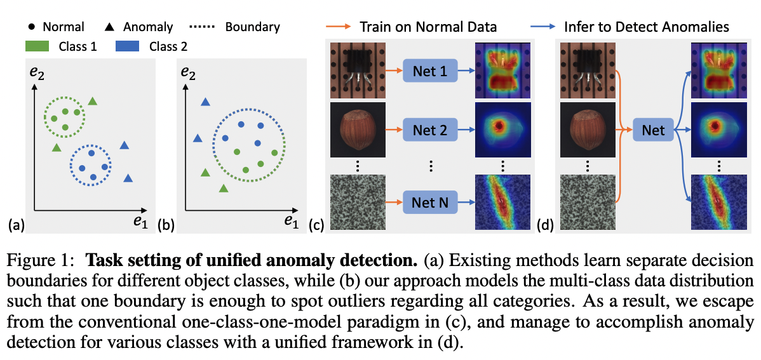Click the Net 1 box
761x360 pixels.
(x=429, y=71)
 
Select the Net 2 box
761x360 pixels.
(x=429, y=131)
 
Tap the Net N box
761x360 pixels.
(x=429, y=203)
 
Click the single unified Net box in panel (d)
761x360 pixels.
(x=652, y=131)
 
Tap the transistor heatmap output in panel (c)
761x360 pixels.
(x=502, y=71)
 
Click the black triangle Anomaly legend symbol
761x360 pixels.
(x=109, y=27)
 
